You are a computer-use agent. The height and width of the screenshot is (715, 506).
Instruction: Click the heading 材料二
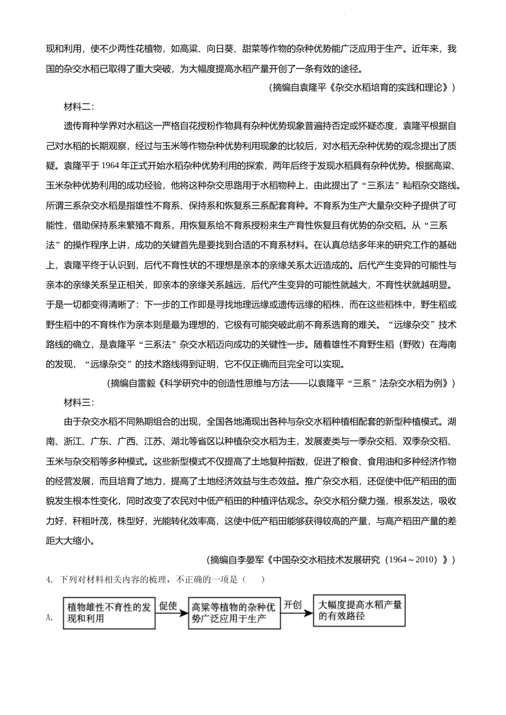click(x=78, y=106)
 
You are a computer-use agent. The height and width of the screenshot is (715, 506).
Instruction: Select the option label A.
click(x=50, y=617)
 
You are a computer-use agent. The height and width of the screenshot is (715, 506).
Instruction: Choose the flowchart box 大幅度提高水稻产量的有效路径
click(x=359, y=610)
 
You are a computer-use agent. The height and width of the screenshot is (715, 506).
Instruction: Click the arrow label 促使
click(x=168, y=606)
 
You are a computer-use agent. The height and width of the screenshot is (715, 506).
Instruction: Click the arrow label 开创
click(x=293, y=605)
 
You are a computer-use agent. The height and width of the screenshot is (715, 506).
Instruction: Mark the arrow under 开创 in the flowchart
click(x=297, y=612)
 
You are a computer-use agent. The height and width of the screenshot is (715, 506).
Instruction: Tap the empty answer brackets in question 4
click(x=253, y=579)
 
